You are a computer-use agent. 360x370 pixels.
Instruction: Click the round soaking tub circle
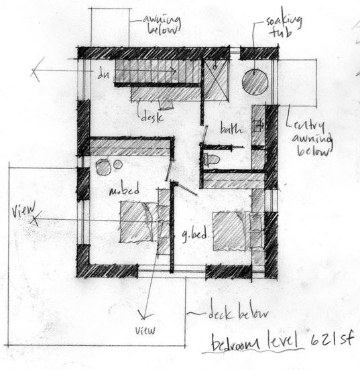(255, 82)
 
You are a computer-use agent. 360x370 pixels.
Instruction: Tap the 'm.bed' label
(126, 191)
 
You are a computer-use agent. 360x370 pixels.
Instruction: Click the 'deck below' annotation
(237, 314)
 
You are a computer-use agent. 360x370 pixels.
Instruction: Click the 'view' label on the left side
(21, 212)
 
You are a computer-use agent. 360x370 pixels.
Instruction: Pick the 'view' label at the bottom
(145, 330)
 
